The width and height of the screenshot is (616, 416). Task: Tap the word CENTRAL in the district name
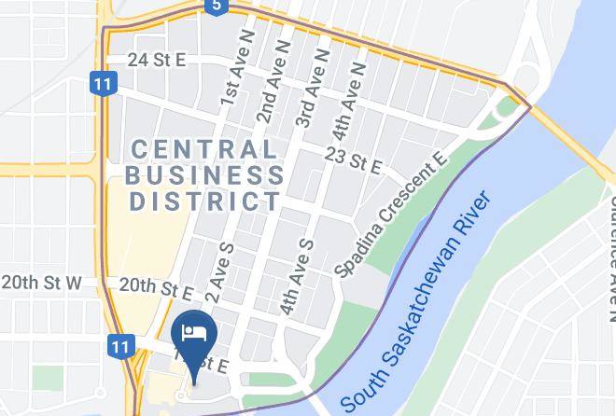tap(203, 148)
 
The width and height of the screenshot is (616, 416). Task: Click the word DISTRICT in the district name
tap(204, 201)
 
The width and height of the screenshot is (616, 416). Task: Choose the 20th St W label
tap(41, 282)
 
